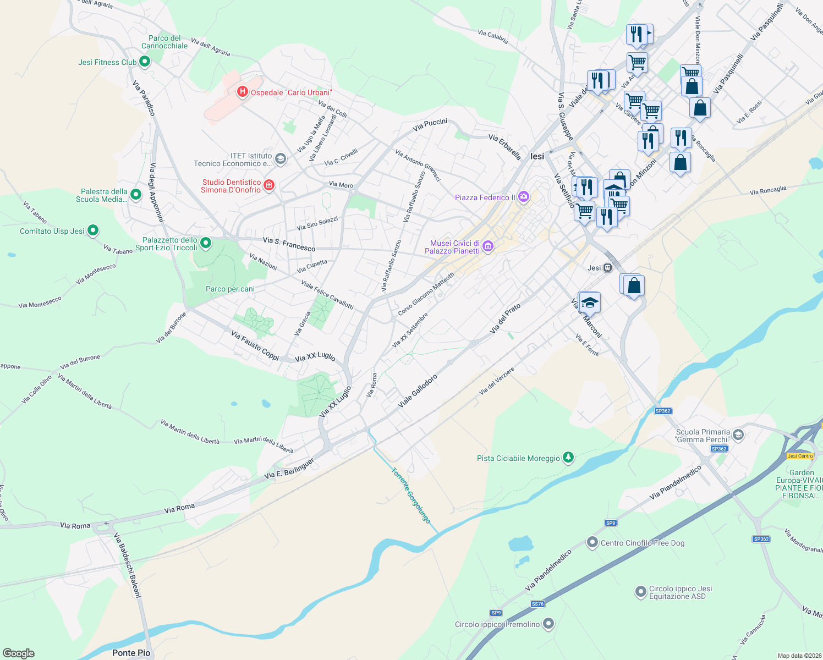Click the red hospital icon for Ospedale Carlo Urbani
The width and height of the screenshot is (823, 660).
pos(242,92)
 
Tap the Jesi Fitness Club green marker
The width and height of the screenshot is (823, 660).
pos(145,62)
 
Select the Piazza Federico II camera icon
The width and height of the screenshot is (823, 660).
pos(524,197)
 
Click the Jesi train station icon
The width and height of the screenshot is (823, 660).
pos(607,268)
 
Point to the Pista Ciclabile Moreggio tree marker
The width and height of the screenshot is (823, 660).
pos(568,458)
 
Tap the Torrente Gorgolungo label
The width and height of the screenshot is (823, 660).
pos(410,495)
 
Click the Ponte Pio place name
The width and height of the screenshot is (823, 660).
pos(131,653)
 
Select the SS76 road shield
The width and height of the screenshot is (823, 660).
pos(537,604)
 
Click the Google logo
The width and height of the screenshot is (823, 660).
pos(19,653)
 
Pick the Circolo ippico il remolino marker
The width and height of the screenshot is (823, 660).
pos(548,624)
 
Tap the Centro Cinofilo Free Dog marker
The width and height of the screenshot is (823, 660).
pos(592,542)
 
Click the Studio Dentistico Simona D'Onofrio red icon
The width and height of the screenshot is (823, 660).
pos(269,185)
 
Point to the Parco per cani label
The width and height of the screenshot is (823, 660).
pos(230,289)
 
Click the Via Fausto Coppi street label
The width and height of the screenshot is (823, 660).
pos(255,345)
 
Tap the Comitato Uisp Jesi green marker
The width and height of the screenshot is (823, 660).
pos(93,230)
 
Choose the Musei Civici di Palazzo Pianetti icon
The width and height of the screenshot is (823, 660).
pos(488,247)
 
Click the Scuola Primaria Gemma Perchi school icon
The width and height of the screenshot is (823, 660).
pos(738,435)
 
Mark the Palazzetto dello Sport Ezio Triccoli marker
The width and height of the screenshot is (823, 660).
pos(206,243)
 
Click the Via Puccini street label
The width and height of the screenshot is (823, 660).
pos(430,125)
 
